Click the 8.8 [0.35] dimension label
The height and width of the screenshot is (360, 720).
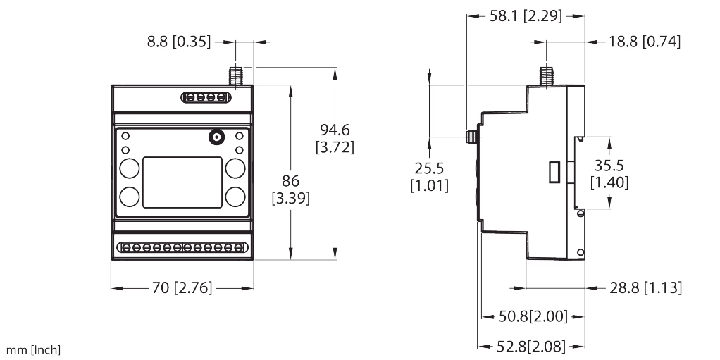click(x=179, y=42)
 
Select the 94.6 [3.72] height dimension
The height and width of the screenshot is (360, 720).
click(x=336, y=138)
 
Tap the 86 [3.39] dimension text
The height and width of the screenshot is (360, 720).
click(x=290, y=189)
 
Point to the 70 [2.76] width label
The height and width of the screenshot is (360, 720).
click(x=182, y=288)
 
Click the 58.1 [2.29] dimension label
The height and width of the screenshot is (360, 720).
click(x=526, y=16)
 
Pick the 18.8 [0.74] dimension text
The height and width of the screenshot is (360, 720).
click(x=645, y=42)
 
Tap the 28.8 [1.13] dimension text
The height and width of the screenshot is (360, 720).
click(x=645, y=287)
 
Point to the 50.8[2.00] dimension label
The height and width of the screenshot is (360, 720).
click(x=533, y=316)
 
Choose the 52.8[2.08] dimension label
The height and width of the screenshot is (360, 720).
click(x=533, y=345)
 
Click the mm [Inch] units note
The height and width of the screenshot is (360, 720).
click(x=34, y=349)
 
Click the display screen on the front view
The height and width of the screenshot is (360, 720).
click(x=182, y=182)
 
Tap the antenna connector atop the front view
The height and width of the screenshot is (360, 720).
click(x=235, y=75)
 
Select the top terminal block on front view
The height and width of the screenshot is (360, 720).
click(x=206, y=97)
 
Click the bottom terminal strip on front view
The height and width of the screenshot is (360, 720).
click(x=182, y=248)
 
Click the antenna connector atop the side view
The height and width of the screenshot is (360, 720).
click(x=545, y=75)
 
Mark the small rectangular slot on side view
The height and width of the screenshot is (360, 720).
click(x=554, y=173)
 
